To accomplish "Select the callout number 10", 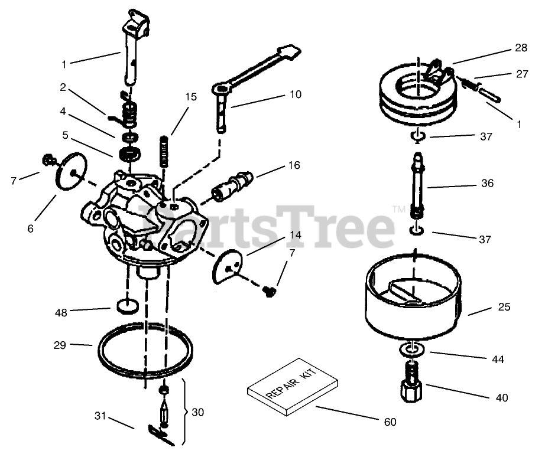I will click(x=295, y=94).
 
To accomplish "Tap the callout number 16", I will click(x=293, y=165).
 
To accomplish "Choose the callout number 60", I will click(x=390, y=422).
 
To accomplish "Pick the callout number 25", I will click(x=504, y=308).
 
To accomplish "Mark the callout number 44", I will click(x=498, y=358).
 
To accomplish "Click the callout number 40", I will click(x=501, y=398).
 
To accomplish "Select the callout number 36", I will click(x=487, y=183).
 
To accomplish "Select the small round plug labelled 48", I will click(x=128, y=306).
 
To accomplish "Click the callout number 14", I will click(x=295, y=235).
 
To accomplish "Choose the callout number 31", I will click(x=100, y=416).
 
